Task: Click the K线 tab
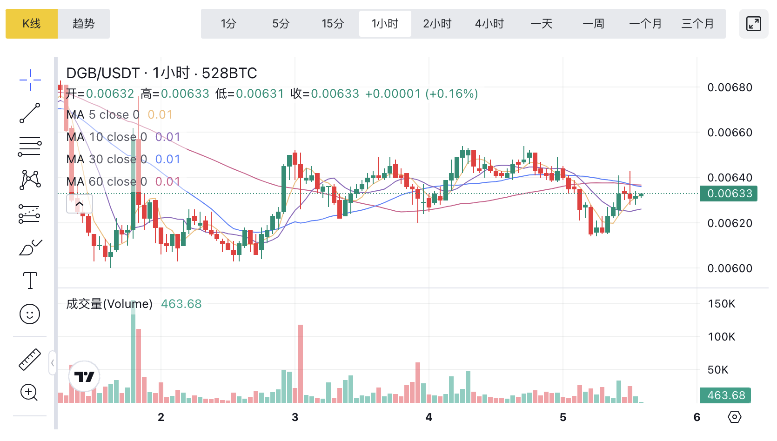32,24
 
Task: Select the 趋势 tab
84,24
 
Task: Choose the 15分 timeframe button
333,24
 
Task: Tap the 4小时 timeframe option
489,24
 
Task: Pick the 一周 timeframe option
593,24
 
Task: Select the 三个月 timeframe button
697,24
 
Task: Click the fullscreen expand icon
753,24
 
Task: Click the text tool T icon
30,281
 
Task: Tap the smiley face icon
30,314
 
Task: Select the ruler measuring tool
30,360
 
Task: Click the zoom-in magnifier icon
29,393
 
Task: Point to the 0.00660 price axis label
730,133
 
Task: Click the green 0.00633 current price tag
729,194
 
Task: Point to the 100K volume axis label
721,337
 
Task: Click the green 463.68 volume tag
725,395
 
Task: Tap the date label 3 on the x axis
295,417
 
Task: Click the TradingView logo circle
84,376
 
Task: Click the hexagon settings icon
734,417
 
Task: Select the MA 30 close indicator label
106,159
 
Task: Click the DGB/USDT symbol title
103,73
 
